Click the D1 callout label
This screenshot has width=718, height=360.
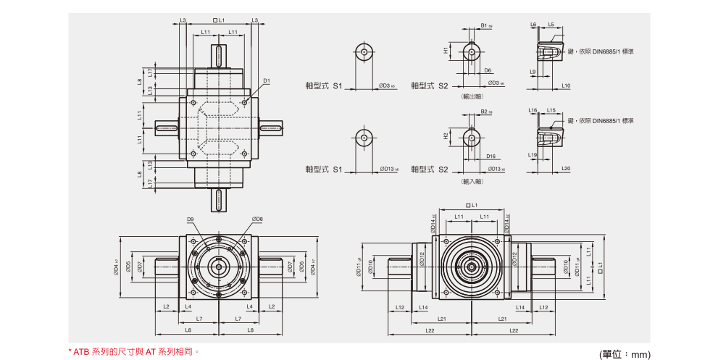pos(267,80)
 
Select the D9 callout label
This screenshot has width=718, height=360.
pos(191,219)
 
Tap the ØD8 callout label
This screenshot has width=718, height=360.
pos(257,219)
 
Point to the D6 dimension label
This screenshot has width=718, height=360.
pos(488,70)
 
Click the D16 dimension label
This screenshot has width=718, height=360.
pos(491,156)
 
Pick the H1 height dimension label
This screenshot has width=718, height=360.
pos(446,51)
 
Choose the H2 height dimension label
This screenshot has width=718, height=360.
pos(446,136)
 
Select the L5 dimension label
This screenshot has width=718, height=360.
pos(551,25)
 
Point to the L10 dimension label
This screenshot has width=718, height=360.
pos(566,85)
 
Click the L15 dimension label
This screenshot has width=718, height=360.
pos(551,110)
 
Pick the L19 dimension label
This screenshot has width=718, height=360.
pos(533,155)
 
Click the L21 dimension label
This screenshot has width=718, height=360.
pos(442,319)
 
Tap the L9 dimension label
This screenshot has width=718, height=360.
pos(533,72)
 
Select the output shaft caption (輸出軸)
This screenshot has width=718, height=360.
pos(472,96)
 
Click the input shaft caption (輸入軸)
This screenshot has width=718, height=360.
pos(472,181)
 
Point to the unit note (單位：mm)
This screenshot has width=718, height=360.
pos(625,354)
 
